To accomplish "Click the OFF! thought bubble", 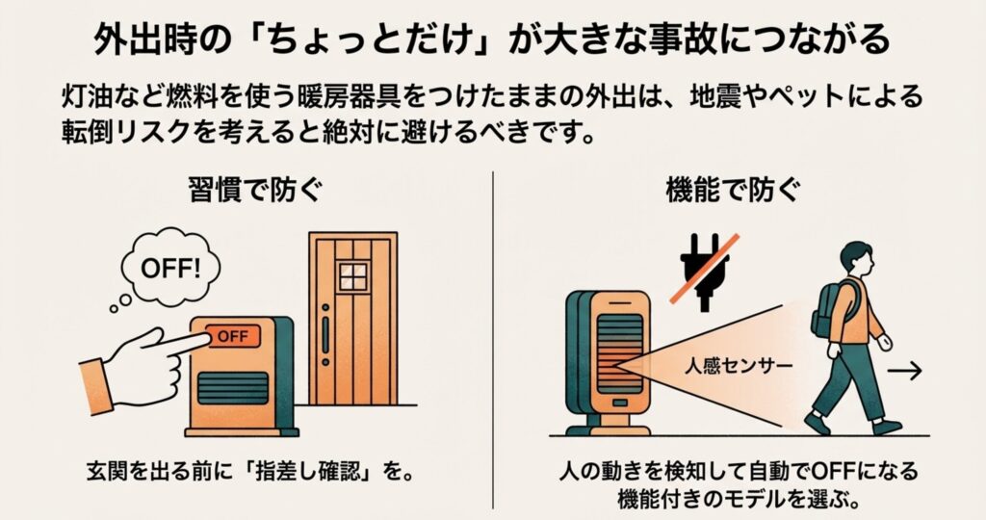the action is coord(169,269).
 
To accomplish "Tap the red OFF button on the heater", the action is coord(233,336).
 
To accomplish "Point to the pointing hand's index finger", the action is coord(182,343).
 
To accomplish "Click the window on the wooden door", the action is coord(352,276).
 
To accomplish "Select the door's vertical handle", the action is coord(325,335).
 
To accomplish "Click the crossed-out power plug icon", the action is coord(706,272).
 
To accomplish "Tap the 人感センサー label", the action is coord(739,365).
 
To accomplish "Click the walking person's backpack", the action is coord(831,308).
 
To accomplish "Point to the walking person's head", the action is coord(857,259).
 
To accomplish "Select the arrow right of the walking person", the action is coord(904,371).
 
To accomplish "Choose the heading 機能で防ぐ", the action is coord(734,190).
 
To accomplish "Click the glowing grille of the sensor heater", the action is coord(619,354).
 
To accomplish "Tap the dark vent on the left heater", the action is coord(233,388).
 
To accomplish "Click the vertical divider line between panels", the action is coord(493,340).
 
